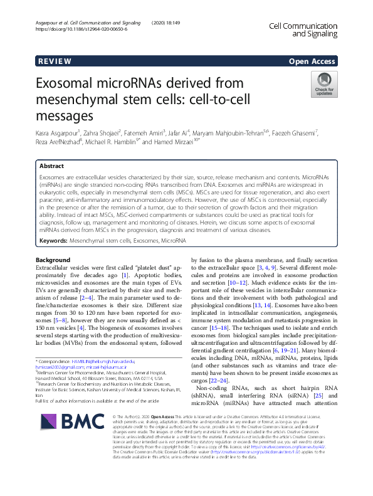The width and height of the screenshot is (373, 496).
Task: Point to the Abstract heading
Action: click(x=51, y=167)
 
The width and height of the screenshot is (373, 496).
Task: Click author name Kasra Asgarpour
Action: click(x=61, y=133)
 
